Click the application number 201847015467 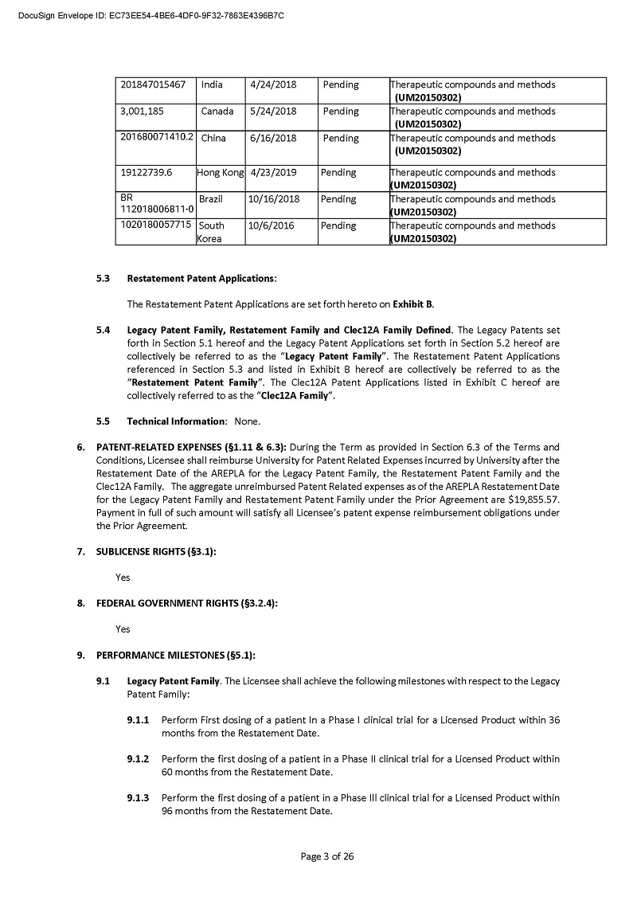153,84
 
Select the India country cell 212,84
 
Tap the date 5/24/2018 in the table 272,112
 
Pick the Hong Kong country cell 220,172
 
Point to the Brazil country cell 211,199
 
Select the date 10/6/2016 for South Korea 271,225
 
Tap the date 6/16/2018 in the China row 272,138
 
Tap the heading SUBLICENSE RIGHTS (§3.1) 156,551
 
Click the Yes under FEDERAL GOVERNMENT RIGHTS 123,629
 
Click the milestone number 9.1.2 139,759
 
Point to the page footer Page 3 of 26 326,856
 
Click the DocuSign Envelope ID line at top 150,15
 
